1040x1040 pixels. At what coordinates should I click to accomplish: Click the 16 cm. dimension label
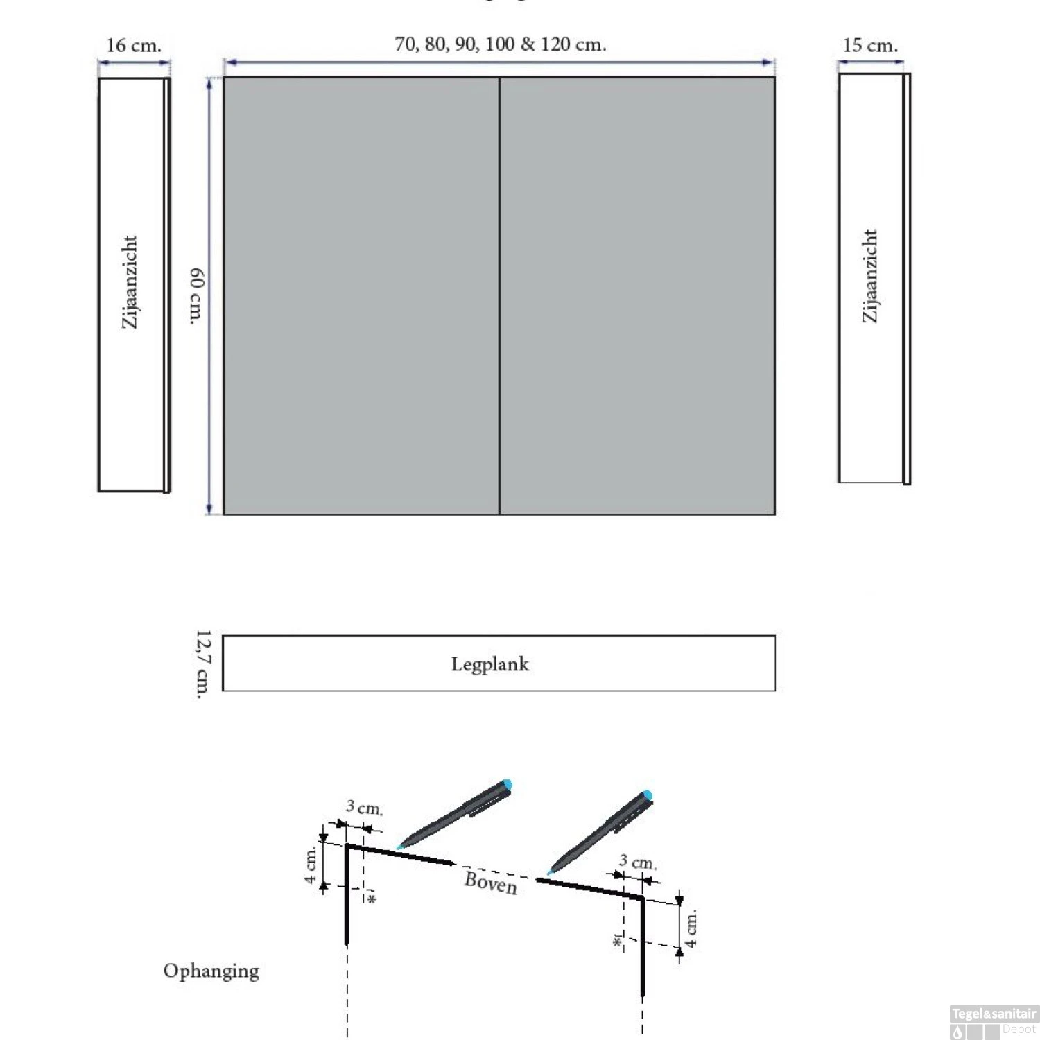[134, 46]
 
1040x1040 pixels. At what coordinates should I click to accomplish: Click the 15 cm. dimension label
[870, 46]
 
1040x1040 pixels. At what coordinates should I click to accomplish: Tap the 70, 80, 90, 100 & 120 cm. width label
[500, 44]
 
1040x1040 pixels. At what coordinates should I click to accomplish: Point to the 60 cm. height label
[197, 296]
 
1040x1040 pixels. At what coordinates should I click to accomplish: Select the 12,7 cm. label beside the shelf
[202, 664]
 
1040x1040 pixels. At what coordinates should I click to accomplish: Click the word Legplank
[489, 664]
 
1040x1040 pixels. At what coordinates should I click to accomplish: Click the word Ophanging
[211, 971]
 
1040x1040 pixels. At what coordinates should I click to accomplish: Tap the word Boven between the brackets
[491, 882]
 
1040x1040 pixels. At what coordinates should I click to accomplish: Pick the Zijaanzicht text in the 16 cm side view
[130, 282]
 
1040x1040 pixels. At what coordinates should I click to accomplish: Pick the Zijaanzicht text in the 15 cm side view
[869, 276]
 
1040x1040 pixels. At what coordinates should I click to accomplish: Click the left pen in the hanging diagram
[455, 814]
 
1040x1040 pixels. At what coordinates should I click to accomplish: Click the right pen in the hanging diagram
[600, 831]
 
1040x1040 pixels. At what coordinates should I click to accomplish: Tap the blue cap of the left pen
[507, 784]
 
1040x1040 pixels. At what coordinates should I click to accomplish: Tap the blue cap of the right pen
[647, 795]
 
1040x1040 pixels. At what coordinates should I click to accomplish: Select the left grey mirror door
[361, 296]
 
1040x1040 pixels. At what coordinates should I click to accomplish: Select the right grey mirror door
[637, 296]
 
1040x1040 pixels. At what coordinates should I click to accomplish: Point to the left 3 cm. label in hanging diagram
[364, 808]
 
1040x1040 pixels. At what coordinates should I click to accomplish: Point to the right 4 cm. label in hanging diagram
[691, 929]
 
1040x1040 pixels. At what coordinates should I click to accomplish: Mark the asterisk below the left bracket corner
[372, 899]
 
